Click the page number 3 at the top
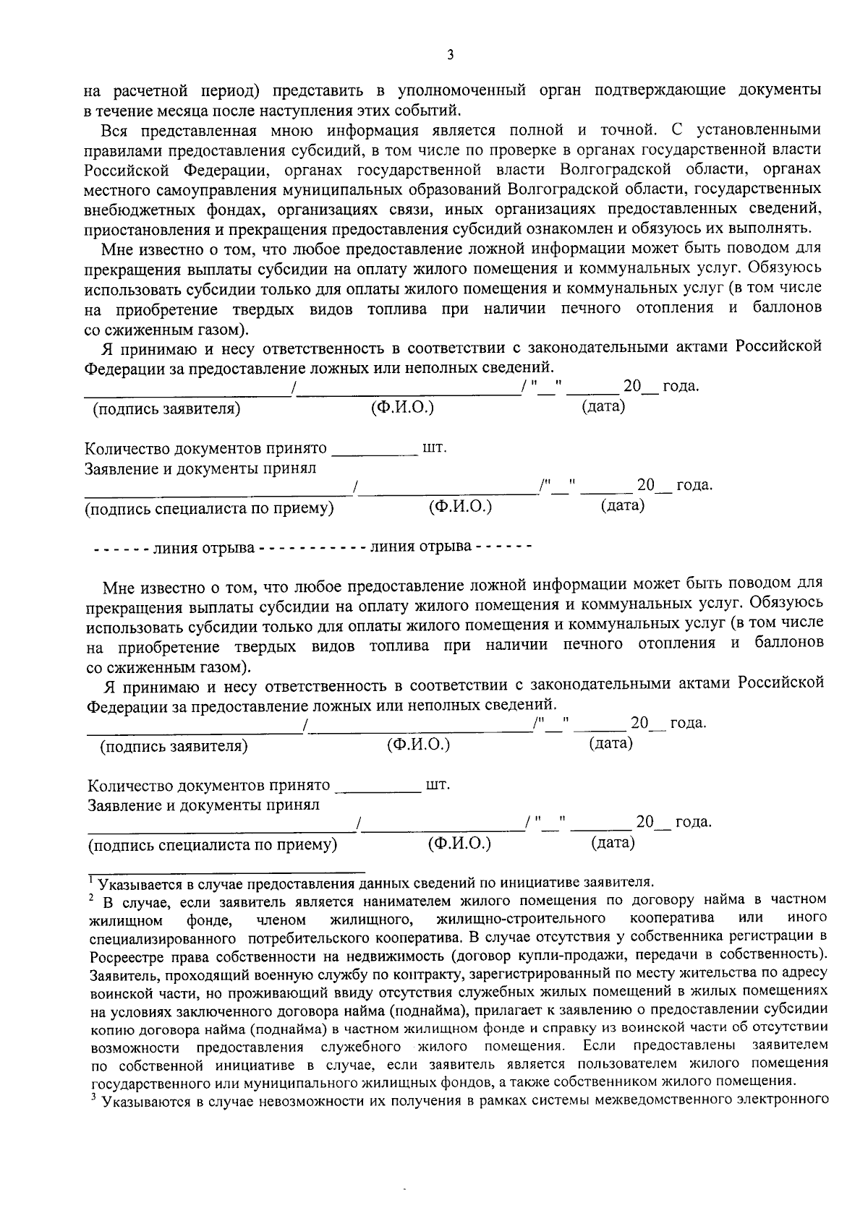pyautogui.click(x=450, y=55)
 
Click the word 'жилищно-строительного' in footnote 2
pyautogui.click(x=521, y=918)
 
